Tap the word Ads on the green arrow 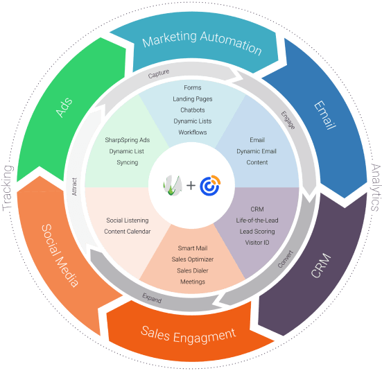click(64, 107)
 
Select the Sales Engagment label click(189, 334)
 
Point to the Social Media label click(60, 255)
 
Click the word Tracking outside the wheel click(8, 188)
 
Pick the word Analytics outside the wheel click(376, 187)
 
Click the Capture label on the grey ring click(159, 74)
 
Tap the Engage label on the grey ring click(288, 120)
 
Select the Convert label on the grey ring click(285, 259)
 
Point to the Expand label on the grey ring click(152, 298)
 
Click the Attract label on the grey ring click(74, 187)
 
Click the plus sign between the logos click(191, 185)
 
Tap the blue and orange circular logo click(210, 185)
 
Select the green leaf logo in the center click(173, 185)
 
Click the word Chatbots click(193, 110)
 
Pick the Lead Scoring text click(257, 232)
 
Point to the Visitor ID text click(257, 243)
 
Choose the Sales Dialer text click(193, 270)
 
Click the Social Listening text click(127, 221)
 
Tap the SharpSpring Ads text click(127, 140)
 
